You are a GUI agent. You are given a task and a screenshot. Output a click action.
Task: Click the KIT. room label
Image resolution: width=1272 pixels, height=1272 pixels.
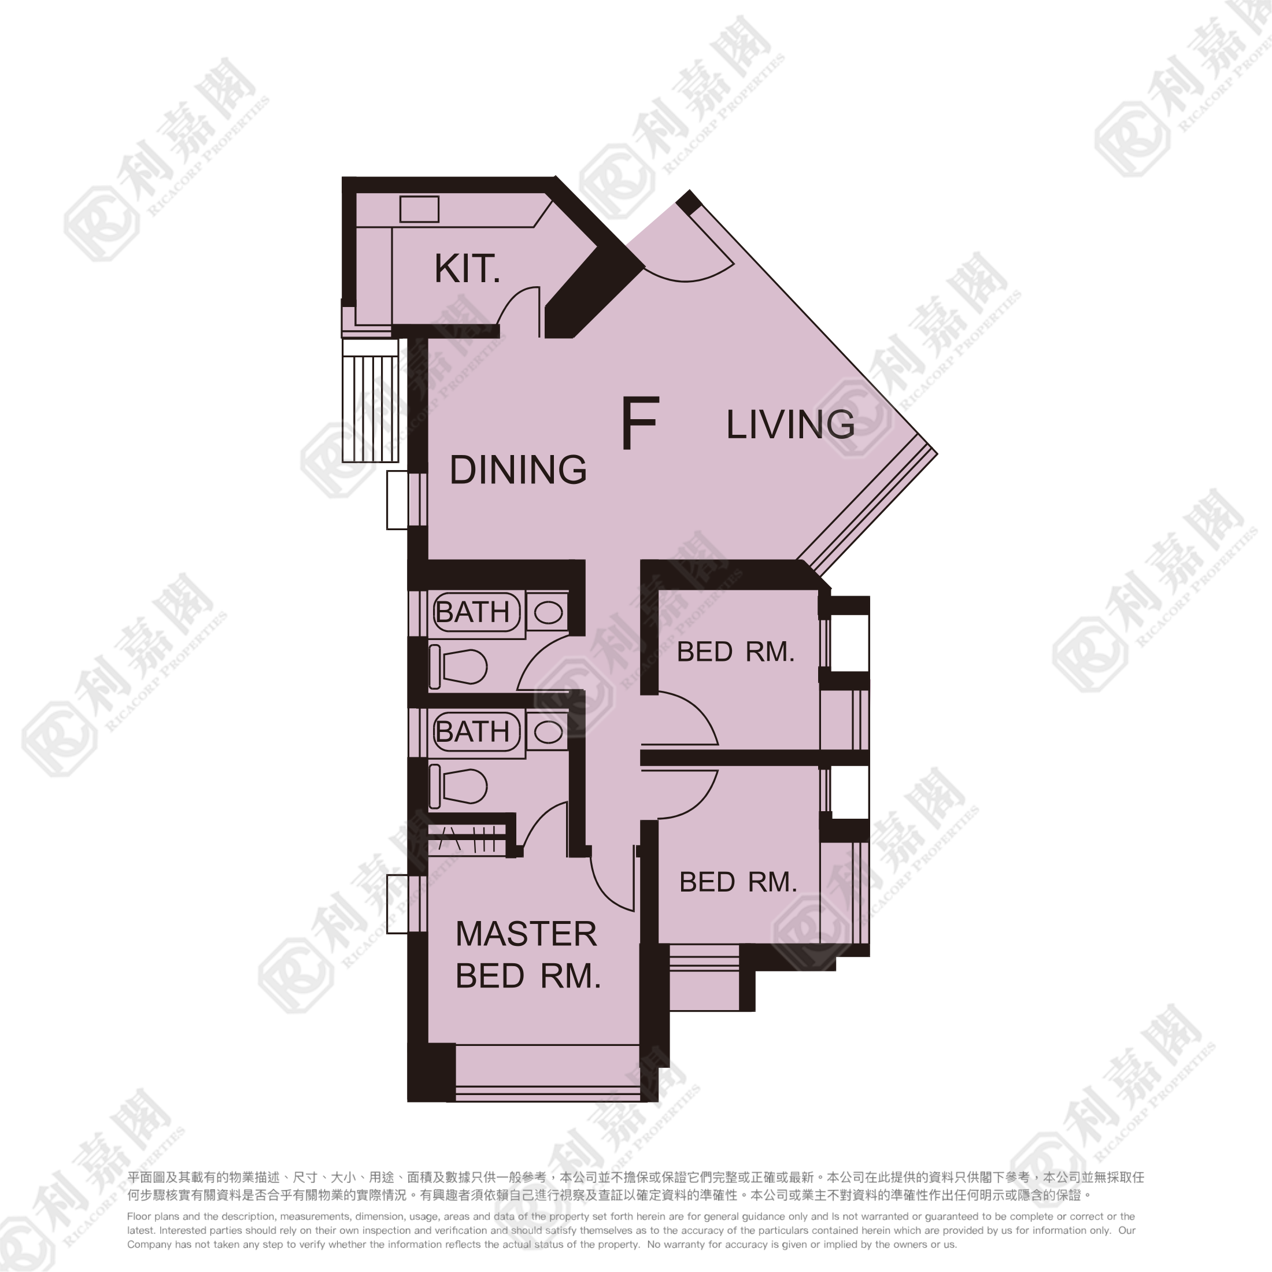coord(467,269)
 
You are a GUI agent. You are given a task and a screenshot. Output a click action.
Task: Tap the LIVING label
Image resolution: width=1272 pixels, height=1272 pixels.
coord(790,424)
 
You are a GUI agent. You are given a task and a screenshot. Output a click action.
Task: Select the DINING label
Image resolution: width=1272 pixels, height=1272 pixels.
coord(518,469)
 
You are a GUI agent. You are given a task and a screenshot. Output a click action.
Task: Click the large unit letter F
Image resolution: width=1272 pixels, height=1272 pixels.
coord(640,423)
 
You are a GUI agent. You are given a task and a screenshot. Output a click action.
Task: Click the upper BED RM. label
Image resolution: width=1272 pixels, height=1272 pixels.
coord(736,652)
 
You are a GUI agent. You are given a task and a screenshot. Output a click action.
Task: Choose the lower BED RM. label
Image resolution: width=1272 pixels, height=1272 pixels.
coord(738,882)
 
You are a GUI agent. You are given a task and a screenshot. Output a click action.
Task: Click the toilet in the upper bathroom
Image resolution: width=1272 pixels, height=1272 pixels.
coord(458,667)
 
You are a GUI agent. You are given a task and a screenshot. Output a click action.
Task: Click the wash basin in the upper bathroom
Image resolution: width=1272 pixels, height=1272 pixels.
coord(548,613)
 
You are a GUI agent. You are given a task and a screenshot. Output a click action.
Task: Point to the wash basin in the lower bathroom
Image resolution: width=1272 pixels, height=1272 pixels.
coord(548,731)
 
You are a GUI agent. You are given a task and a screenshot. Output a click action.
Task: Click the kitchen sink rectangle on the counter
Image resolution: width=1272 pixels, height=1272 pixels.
coord(419,209)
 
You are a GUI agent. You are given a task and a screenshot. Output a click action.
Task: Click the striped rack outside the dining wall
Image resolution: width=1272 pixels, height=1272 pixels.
coord(371,400)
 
